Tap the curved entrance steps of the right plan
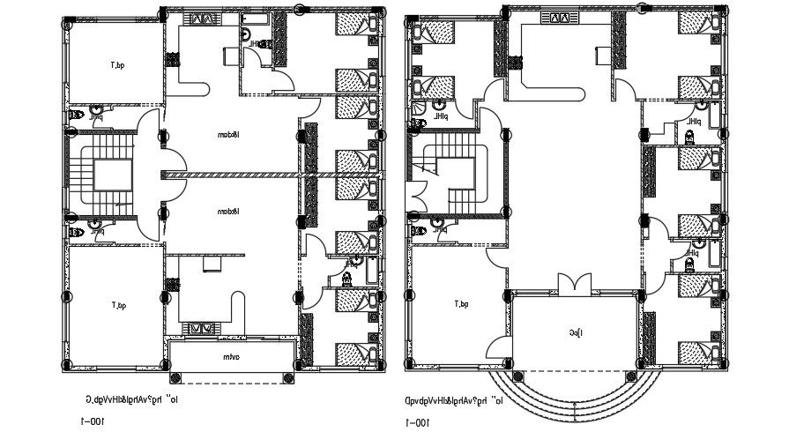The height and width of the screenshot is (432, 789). click(574, 384)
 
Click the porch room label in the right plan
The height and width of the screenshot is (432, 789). click(574, 331)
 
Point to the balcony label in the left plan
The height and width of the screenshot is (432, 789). click(231, 357)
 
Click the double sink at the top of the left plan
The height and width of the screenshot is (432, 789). click(202, 19)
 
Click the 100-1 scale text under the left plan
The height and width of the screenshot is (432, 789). click(92, 421)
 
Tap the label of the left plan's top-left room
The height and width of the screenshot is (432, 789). click(118, 64)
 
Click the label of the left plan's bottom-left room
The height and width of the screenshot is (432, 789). click(118, 305)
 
